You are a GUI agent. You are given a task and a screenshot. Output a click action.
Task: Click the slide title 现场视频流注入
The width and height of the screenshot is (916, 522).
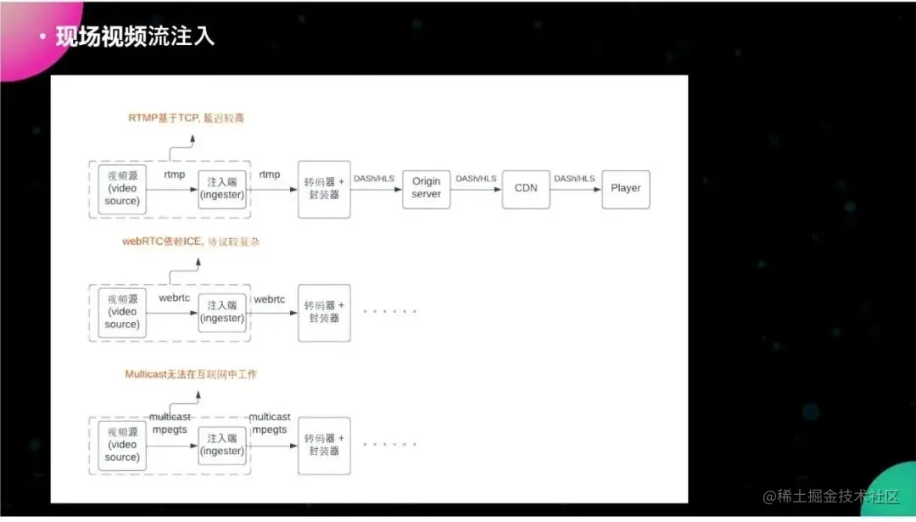pyautogui.click(x=135, y=36)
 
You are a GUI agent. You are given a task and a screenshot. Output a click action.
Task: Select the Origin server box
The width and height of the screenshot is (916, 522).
pyautogui.click(x=426, y=188)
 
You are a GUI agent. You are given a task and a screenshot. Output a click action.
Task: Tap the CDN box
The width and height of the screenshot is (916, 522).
pyautogui.click(x=526, y=188)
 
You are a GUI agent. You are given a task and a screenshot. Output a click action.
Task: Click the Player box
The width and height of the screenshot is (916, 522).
pyautogui.click(x=626, y=188)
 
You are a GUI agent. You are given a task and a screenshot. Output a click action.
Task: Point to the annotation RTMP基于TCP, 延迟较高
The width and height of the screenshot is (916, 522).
pyautogui.click(x=186, y=118)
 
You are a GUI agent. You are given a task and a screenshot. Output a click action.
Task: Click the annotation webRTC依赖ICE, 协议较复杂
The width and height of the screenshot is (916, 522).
pyautogui.click(x=190, y=242)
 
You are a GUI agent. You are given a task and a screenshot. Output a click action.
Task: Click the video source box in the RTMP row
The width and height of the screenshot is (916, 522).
pyautogui.click(x=122, y=188)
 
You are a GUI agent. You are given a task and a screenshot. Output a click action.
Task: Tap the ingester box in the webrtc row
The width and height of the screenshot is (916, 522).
pyautogui.click(x=222, y=312)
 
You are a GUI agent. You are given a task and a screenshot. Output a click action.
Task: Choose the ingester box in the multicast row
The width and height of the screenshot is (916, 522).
pyautogui.click(x=222, y=445)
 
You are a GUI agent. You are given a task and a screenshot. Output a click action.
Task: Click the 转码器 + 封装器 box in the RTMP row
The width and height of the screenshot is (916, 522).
pyautogui.click(x=324, y=188)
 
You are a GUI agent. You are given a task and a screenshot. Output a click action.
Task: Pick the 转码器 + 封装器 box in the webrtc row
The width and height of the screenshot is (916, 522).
pyautogui.click(x=324, y=312)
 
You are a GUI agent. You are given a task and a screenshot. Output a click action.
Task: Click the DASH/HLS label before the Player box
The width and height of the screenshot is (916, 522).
pyautogui.click(x=575, y=179)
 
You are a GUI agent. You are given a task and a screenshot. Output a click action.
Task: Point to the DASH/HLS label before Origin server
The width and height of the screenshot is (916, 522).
pyautogui.click(x=374, y=179)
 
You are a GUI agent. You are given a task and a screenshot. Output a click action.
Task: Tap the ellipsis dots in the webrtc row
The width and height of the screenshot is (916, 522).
pyautogui.click(x=390, y=312)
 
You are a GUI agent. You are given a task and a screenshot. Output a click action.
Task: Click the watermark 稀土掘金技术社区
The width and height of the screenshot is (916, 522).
pyautogui.click(x=831, y=497)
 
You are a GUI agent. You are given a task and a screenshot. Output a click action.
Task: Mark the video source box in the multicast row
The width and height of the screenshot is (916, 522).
pyautogui.click(x=122, y=445)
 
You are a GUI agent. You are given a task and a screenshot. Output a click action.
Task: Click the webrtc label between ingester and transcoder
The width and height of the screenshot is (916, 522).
pyautogui.click(x=270, y=299)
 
